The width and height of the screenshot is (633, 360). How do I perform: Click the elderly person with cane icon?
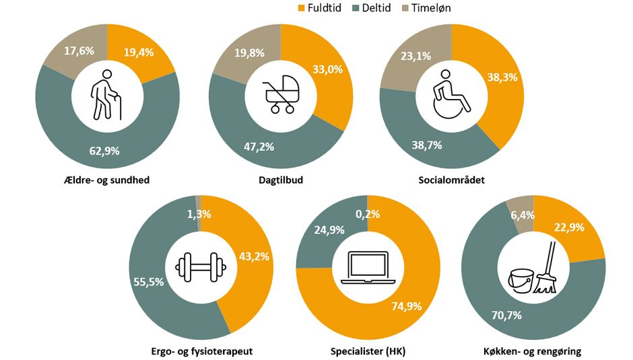coord(108,94)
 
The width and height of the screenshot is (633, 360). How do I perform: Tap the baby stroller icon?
coord(280,94)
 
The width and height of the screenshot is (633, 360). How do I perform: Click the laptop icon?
coord(367,267)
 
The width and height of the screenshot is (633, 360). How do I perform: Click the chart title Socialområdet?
coord(451,180)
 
